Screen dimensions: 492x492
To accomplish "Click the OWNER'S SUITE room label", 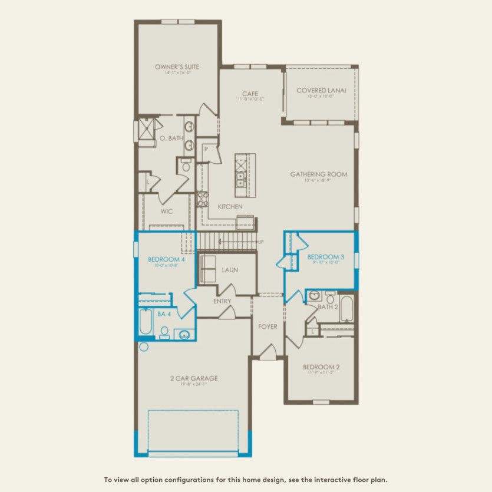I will coord(177,67).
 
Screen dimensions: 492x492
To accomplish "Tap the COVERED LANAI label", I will coord(321,91).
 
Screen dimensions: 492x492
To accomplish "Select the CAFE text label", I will coord(250,94).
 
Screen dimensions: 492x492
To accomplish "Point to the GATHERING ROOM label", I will coord(318,174).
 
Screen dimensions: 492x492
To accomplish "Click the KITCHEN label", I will coord(230,207).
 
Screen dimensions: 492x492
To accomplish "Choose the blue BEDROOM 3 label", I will coord(325,257).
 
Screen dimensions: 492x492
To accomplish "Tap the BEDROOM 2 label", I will coord(321,367).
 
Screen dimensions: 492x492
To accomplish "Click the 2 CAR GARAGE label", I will coord(193,378).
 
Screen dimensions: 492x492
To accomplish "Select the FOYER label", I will coord(268,326).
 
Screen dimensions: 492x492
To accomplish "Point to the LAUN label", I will coord(230,270).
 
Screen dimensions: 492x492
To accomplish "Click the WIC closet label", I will coord(167,211).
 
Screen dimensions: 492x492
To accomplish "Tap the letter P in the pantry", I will coord(206,150).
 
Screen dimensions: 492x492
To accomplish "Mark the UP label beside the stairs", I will coord(261,242).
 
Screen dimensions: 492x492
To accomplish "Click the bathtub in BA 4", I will coord(145,322).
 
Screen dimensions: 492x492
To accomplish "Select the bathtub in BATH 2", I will coord(346,308).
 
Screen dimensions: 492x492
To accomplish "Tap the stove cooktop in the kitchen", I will coord(203,199).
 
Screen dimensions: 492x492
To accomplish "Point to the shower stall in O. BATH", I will coord(144,130).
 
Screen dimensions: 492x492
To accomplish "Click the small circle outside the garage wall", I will coord(144,347).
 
